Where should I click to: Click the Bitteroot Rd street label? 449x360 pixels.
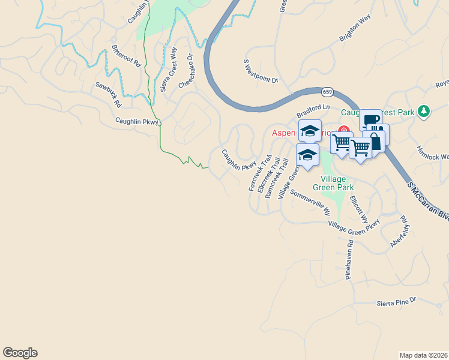pyautogui.click(x=126, y=55)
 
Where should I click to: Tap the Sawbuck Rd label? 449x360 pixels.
pyautogui.click(x=108, y=94)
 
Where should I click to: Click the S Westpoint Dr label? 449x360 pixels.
pyautogui.click(x=261, y=71)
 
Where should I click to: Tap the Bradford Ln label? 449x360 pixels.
pyautogui.click(x=313, y=111)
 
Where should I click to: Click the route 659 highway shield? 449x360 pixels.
pyautogui.click(x=327, y=92)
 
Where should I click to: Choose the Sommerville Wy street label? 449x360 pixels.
pyautogui.click(x=310, y=203)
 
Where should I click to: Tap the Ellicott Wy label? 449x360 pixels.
pyautogui.click(x=357, y=208)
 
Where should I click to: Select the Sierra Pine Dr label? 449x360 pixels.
pyautogui.click(x=397, y=302)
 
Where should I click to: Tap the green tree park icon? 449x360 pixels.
pyautogui.click(x=424, y=111)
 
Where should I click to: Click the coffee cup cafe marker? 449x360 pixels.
pyautogui.click(x=370, y=119)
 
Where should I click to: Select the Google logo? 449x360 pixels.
pyautogui.click(x=20, y=353)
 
